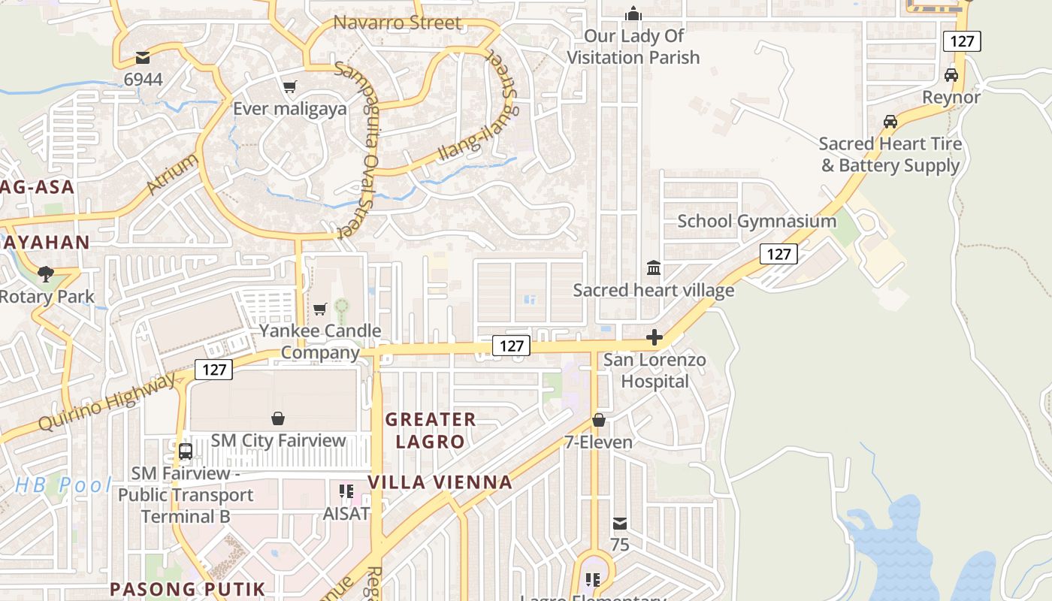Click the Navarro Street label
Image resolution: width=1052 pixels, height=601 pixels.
pos(397,23)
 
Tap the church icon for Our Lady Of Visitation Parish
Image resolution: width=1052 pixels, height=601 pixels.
pos(633,14)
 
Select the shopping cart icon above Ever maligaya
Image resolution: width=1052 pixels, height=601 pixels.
pos(290,86)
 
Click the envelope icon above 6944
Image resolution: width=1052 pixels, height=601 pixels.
pos(143,57)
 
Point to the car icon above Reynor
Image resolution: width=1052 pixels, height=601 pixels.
pos(951,75)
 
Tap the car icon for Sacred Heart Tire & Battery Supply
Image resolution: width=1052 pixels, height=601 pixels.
pos(890,121)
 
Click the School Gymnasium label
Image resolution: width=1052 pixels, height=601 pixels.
pos(757,221)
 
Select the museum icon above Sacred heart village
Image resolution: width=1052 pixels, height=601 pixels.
pos(654,268)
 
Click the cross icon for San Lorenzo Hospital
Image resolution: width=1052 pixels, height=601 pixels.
pos(654,338)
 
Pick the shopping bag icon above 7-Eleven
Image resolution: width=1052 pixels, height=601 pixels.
pos(599,420)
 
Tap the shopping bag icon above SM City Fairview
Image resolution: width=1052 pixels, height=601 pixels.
pos(278,418)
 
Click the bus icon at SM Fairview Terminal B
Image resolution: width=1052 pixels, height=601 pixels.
pos(185,452)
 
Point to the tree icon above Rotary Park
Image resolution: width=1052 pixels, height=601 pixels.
pos(46,273)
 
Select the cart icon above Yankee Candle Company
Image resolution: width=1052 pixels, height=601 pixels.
pos(320,309)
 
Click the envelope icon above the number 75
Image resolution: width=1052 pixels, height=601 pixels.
pos(619,524)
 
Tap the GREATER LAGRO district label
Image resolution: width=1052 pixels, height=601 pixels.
pos(431,430)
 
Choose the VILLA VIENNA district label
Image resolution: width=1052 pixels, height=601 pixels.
pos(440,482)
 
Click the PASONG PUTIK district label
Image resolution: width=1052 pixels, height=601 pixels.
pos(188,588)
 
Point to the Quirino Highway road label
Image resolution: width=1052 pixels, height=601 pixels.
pos(107,403)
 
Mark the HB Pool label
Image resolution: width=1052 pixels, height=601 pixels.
pos(63,485)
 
